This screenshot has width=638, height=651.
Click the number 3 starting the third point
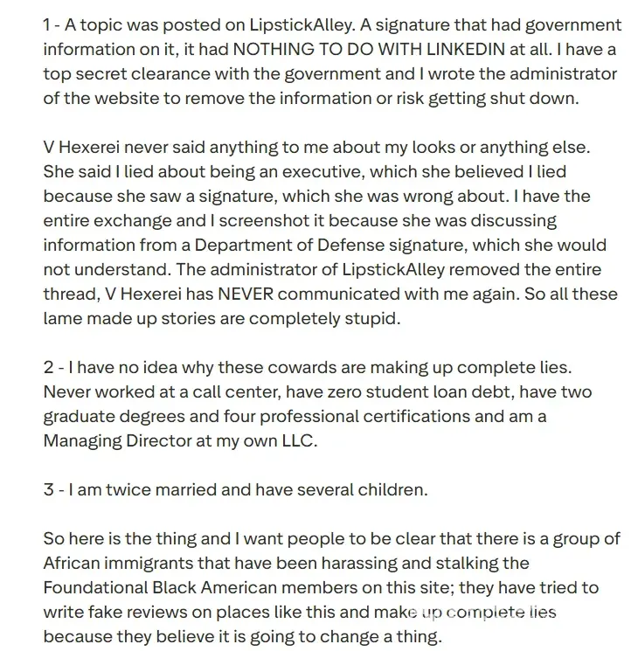(49, 489)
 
